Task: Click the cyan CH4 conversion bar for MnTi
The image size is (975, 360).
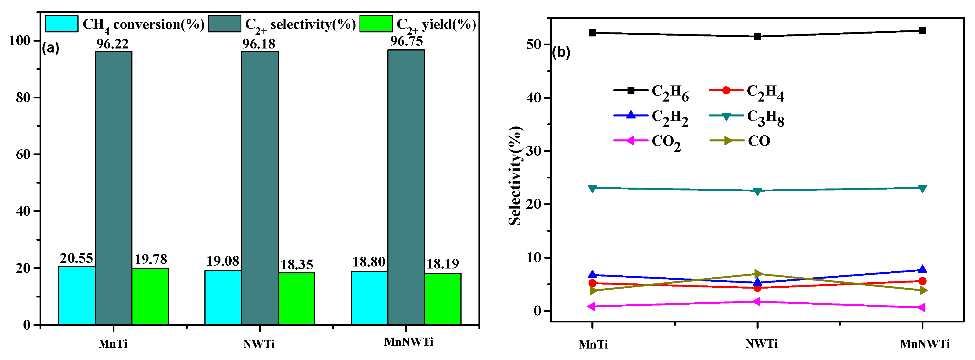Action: tap(77, 295)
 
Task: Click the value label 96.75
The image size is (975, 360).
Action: tap(407, 41)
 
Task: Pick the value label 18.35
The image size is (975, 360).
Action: tap(296, 264)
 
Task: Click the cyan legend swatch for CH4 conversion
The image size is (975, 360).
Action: tap(62, 24)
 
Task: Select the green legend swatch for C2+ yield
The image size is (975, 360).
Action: tap(376, 24)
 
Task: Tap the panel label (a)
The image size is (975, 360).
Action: tap(50, 48)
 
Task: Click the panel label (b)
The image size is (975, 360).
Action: tap(561, 52)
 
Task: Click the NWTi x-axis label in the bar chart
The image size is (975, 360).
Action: tap(259, 344)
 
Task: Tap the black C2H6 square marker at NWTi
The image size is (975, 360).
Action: tap(757, 37)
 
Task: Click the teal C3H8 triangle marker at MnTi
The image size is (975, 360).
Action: tap(593, 188)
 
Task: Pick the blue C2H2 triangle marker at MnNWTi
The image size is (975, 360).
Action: tap(922, 270)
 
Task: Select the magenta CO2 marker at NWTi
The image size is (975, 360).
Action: tap(757, 301)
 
